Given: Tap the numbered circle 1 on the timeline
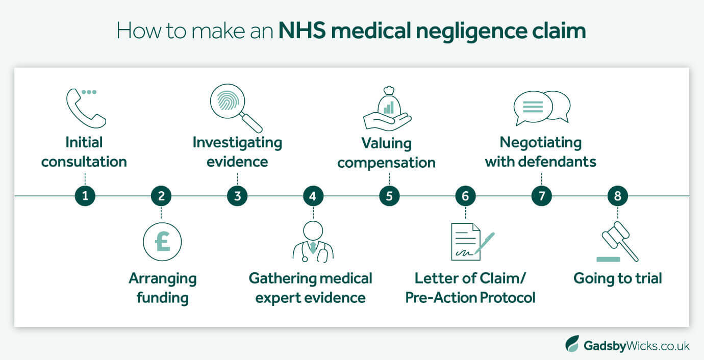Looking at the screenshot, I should pyautogui.click(x=85, y=196).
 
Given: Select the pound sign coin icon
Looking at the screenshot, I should pyautogui.click(x=162, y=242).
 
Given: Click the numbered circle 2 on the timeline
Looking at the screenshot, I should pyautogui.click(x=161, y=196).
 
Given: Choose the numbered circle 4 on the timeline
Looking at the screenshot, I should pyautogui.click(x=313, y=196).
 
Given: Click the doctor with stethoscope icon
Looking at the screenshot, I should pyautogui.click(x=313, y=243).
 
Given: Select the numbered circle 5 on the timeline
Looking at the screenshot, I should pyautogui.click(x=389, y=196).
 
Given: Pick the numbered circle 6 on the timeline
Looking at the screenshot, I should pyautogui.click(x=465, y=196).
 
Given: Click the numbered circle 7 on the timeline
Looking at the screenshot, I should pyautogui.click(x=541, y=196).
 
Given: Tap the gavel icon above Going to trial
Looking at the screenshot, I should pyautogui.click(x=617, y=242).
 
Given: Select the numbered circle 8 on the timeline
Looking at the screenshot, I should pyautogui.click(x=617, y=196).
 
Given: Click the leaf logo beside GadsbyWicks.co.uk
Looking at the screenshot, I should pyautogui.click(x=572, y=344).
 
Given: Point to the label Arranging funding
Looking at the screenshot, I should pyautogui.click(x=162, y=288).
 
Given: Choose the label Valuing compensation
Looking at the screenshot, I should pyautogui.click(x=386, y=153).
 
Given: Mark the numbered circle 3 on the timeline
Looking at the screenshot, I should pyautogui.click(x=237, y=196).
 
